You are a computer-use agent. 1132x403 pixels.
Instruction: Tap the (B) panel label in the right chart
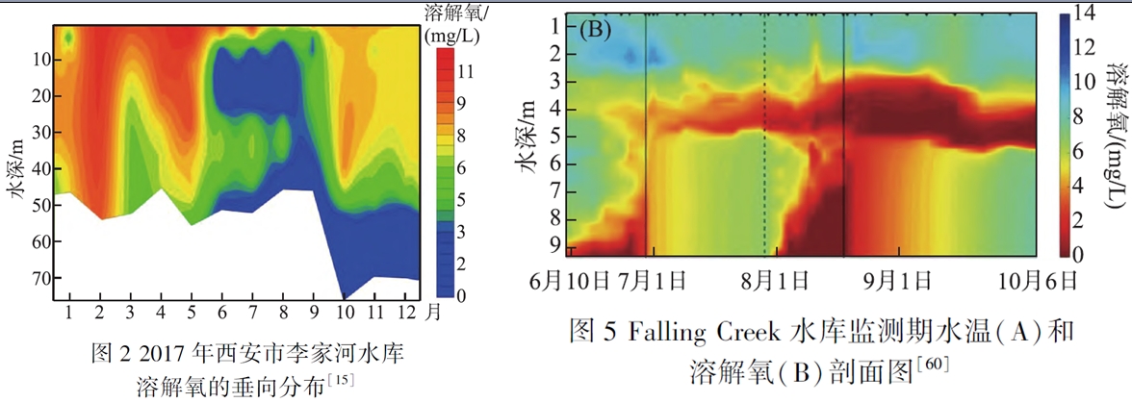[x=598, y=28]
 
